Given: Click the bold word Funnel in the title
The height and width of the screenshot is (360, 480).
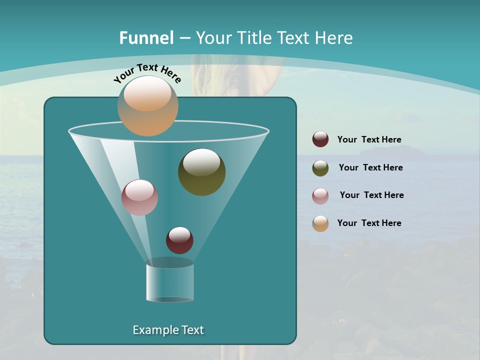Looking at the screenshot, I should pyautogui.click(x=146, y=38).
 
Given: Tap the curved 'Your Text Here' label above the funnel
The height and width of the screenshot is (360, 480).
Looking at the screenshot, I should pyautogui.click(x=147, y=73).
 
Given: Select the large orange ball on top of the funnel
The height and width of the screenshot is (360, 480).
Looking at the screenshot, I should pyautogui.click(x=147, y=106).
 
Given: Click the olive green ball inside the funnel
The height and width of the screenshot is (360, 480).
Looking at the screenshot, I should pyautogui.click(x=201, y=172).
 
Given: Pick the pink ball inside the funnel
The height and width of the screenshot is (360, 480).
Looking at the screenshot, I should pyautogui.click(x=139, y=197).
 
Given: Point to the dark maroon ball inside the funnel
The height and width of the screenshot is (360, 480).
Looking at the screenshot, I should pyautogui.click(x=179, y=240).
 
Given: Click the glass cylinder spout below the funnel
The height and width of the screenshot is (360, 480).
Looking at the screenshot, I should pyautogui.click(x=169, y=282).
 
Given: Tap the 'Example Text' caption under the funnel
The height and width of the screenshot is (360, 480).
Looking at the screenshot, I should pyautogui.click(x=168, y=330).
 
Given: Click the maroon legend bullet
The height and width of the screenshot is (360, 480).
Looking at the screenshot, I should pyautogui.click(x=320, y=139).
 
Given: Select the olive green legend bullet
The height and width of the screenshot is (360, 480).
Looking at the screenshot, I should pyautogui.click(x=320, y=168).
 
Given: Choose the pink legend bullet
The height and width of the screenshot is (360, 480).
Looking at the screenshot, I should pyautogui.click(x=320, y=196).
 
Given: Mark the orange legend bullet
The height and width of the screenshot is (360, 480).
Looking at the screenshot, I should pyautogui.click(x=320, y=223).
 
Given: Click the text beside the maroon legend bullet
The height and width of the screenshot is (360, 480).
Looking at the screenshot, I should pyautogui.click(x=369, y=140).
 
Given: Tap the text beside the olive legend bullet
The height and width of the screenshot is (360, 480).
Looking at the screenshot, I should pyautogui.click(x=370, y=168).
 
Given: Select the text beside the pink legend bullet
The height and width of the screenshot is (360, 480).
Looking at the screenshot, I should pyautogui.click(x=371, y=195).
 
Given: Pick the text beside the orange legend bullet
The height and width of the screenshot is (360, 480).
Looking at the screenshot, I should pyautogui.click(x=369, y=223).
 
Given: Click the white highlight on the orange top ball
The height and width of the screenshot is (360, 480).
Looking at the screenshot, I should pyautogui.click(x=147, y=94).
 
